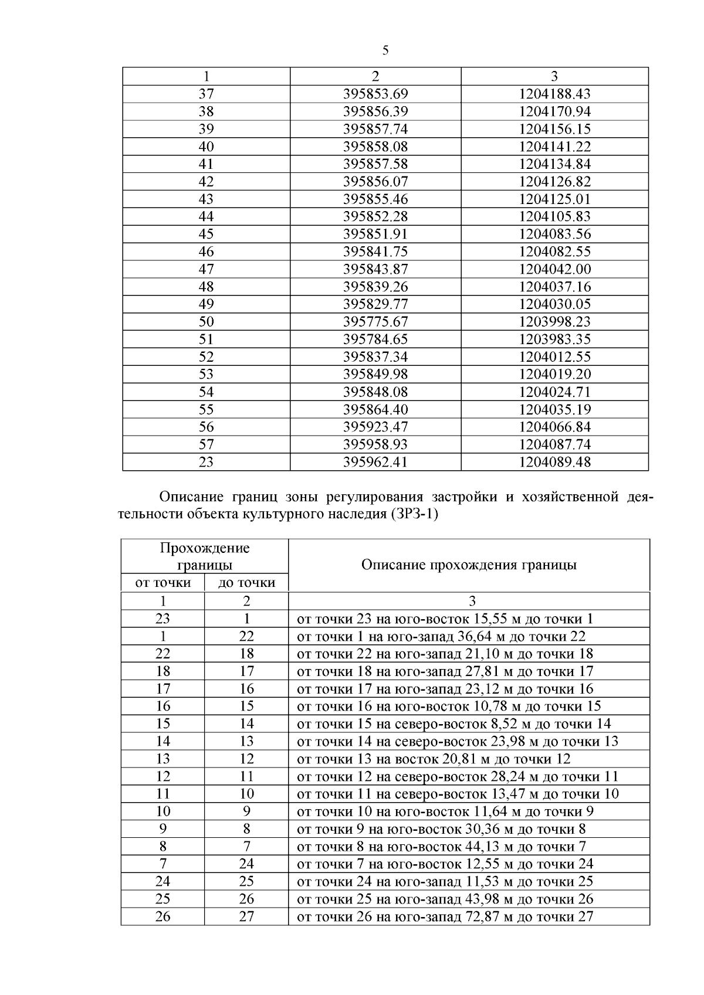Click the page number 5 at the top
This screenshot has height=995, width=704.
385,50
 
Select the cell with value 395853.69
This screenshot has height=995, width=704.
375,94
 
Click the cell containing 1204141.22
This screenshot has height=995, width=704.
554,147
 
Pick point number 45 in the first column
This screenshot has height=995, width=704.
206,234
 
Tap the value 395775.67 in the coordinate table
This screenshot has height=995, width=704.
375,322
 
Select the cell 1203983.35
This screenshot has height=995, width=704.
554,339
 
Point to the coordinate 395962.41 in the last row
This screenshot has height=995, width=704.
375,462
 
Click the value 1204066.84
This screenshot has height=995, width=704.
554,427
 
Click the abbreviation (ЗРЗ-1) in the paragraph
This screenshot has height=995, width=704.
413,515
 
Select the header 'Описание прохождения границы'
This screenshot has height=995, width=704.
469,565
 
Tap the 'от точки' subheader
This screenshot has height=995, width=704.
163,583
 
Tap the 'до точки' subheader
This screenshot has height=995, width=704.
246,583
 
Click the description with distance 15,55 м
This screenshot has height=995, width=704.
445,619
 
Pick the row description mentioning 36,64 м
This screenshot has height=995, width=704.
441,637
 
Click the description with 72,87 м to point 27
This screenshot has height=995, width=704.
445,917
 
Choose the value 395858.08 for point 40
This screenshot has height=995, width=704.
375,147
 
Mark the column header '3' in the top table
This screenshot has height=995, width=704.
554,76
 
